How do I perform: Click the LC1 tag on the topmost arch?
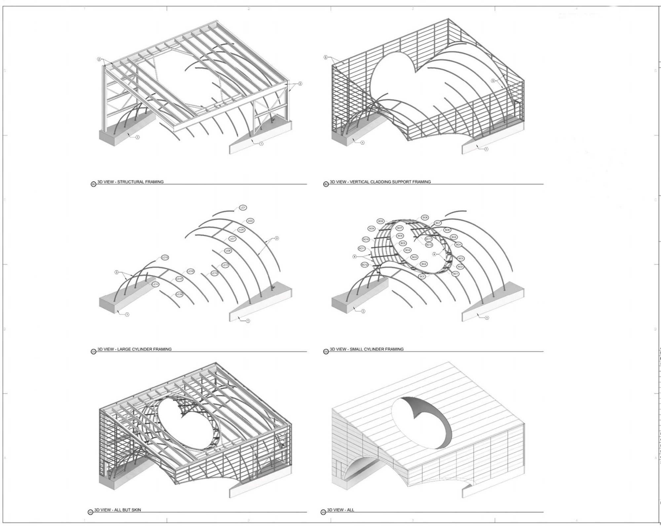point(243,208)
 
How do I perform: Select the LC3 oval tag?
point(250,221)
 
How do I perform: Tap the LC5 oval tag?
point(241,230)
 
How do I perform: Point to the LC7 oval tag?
point(232,239)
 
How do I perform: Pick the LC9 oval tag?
point(228,251)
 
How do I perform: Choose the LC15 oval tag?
point(191,271)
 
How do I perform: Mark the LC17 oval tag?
point(179,279)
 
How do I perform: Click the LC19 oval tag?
point(179,294)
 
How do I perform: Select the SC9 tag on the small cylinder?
point(371,229)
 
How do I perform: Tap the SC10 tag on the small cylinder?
point(366,239)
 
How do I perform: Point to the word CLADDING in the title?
point(385,182)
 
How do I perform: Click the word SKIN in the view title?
point(136,510)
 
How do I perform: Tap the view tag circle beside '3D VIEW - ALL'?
point(323,512)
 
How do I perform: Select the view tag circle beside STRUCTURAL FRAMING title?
point(93,184)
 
